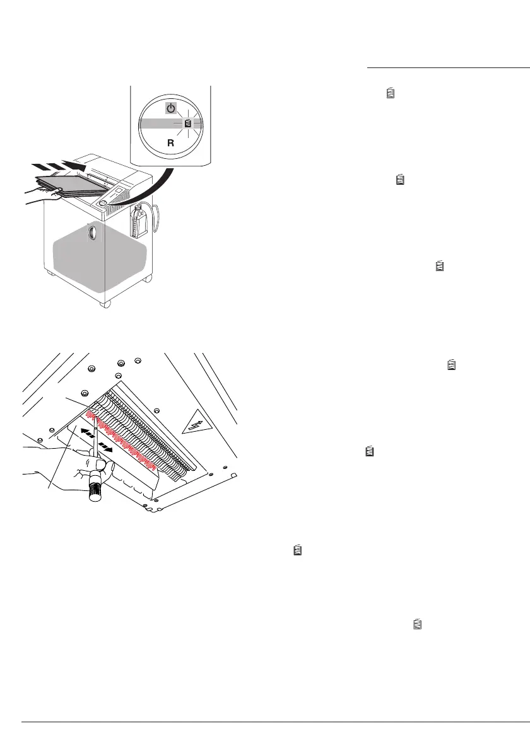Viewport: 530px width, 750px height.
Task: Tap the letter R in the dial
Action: pyautogui.click(x=170, y=143)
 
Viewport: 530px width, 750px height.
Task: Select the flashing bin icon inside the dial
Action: pyautogui.click(x=187, y=124)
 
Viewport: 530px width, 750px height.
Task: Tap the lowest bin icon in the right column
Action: pyautogui.click(x=416, y=625)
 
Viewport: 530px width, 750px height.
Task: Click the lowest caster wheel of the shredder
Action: pyautogui.click(x=104, y=304)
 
